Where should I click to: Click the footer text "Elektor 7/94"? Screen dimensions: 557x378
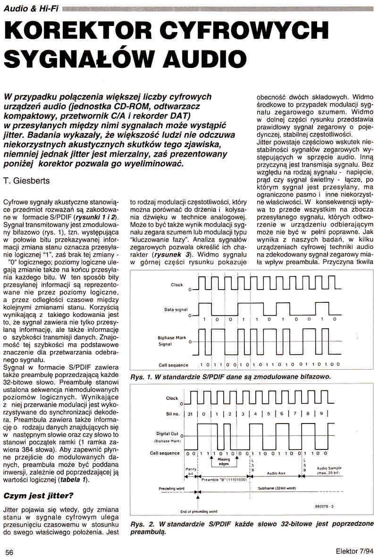click(x=354, y=551)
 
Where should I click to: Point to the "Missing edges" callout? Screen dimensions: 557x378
click(x=224, y=462)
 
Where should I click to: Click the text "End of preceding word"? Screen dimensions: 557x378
click(x=198, y=511)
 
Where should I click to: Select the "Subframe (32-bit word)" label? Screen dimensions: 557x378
click(x=277, y=489)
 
